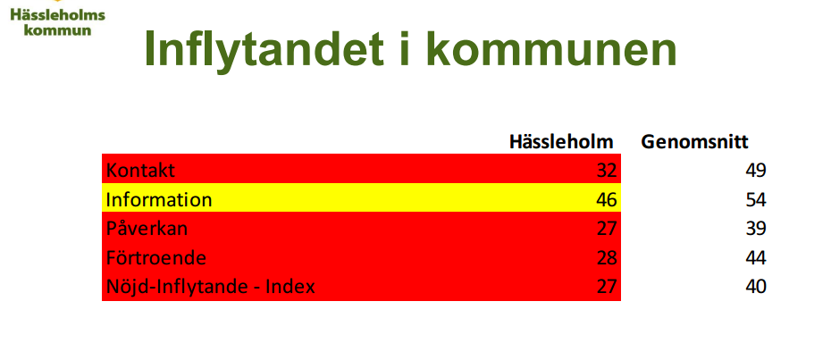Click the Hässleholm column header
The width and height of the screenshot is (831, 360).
click(x=561, y=141)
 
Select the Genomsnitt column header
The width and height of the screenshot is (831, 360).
click(x=694, y=141)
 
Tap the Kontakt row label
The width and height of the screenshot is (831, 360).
click(x=140, y=171)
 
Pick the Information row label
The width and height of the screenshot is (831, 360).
click(x=159, y=199)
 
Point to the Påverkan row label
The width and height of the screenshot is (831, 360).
click(x=147, y=228)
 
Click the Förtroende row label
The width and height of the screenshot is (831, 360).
click(x=155, y=257)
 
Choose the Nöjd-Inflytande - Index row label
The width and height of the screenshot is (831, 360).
click(x=210, y=287)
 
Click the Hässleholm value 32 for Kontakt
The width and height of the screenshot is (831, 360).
click(x=607, y=171)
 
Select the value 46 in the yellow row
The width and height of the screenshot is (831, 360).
click(x=607, y=199)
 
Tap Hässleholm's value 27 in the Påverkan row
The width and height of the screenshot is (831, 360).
click(x=607, y=228)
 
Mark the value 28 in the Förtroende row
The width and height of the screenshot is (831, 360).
click(x=607, y=257)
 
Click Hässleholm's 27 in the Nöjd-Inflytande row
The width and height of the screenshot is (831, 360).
click(x=607, y=287)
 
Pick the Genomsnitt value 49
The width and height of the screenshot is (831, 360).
click(x=755, y=171)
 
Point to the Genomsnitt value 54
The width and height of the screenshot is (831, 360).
click(x=755, y=199)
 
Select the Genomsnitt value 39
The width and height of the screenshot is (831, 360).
click(x=755, y=228)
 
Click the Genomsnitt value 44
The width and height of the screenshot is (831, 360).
click(x=755, y=257)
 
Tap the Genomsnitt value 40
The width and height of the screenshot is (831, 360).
click(x=755, y=287)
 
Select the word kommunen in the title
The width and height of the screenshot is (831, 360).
click(x=550, y=48)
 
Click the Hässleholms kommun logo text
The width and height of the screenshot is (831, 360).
click(x=58, y=22)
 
